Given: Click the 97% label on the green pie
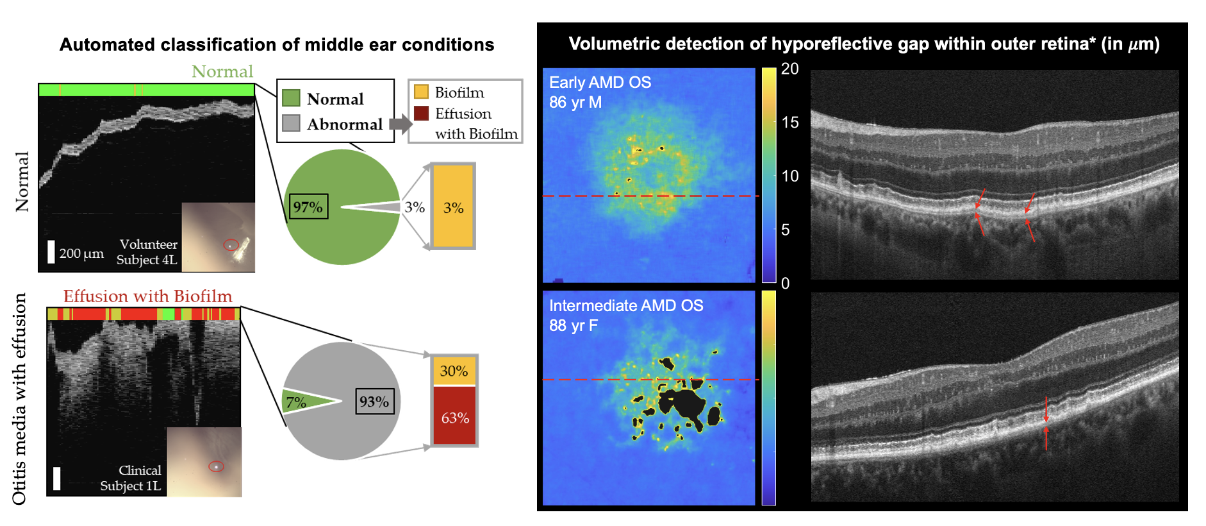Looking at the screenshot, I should pyautogui.click(x=308, y=207).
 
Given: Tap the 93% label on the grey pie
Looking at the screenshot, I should pyautogui.click(x=374, y=402).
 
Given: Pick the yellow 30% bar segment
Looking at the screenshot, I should pyautogui.click(x=454, y=371).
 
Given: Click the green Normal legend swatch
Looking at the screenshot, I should pyautogui.click(x=291, y=98).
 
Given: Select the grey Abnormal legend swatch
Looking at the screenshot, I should pyautogui.click(x=291, y=123).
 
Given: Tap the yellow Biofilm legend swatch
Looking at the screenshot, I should pyautogui.click(x=421, y=92).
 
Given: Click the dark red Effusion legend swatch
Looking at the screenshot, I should pyautogui.click(x=421, y=113).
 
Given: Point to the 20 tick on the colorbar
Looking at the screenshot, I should pyautogui.click(x=789, y=69).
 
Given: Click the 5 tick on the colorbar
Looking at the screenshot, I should pyautogui.click(x=785, y=230).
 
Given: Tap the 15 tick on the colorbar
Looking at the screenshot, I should pyautogui.click(x=789, y=123).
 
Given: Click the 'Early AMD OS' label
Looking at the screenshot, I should pyautogui.click(x=600, y=83).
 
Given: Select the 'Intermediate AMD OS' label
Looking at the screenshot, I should pyautogui.click(x=626, y=306).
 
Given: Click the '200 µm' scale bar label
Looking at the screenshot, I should pyautogui.click(x=81, y=253).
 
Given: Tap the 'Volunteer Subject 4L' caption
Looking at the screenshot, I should pyautogui.click(x=147, y=252).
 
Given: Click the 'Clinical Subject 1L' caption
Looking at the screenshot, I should pyautogui.click(x=131, y=478).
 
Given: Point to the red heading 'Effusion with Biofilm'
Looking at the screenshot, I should pyautogui.click(x=147, y=296).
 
